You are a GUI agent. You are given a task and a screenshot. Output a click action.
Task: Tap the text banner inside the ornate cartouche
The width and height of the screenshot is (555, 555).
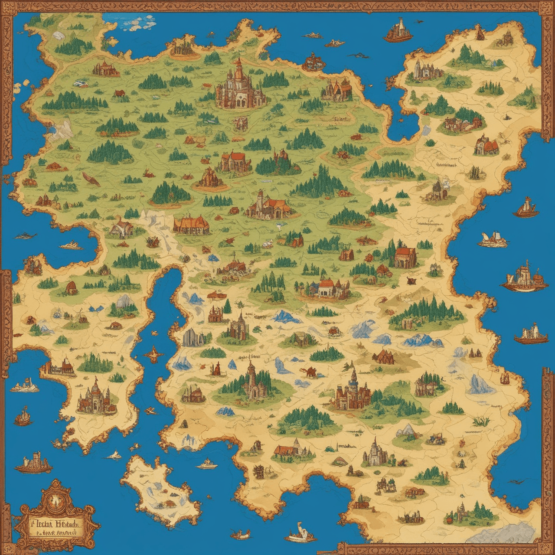54,522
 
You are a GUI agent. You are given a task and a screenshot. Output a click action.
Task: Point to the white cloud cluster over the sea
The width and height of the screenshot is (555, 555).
138,22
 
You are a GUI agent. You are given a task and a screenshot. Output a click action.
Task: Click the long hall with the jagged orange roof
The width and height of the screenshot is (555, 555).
191,225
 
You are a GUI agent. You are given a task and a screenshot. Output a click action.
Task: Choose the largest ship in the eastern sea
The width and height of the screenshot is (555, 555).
524,277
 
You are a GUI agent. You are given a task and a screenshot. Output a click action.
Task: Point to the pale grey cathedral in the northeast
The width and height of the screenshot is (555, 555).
422,69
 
